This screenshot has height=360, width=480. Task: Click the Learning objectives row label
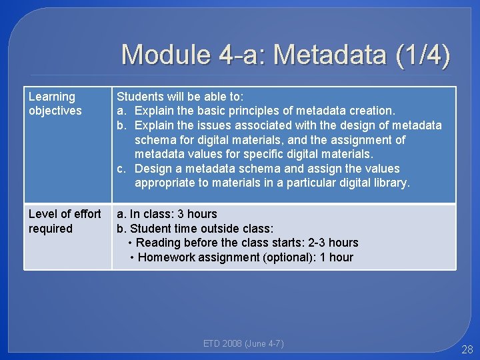55,104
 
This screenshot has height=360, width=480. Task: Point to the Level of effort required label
65,221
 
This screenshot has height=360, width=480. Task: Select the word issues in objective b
213,125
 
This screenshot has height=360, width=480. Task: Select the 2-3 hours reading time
333,243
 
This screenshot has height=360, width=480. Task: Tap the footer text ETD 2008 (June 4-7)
243,344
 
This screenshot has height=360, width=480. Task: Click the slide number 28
466,349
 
